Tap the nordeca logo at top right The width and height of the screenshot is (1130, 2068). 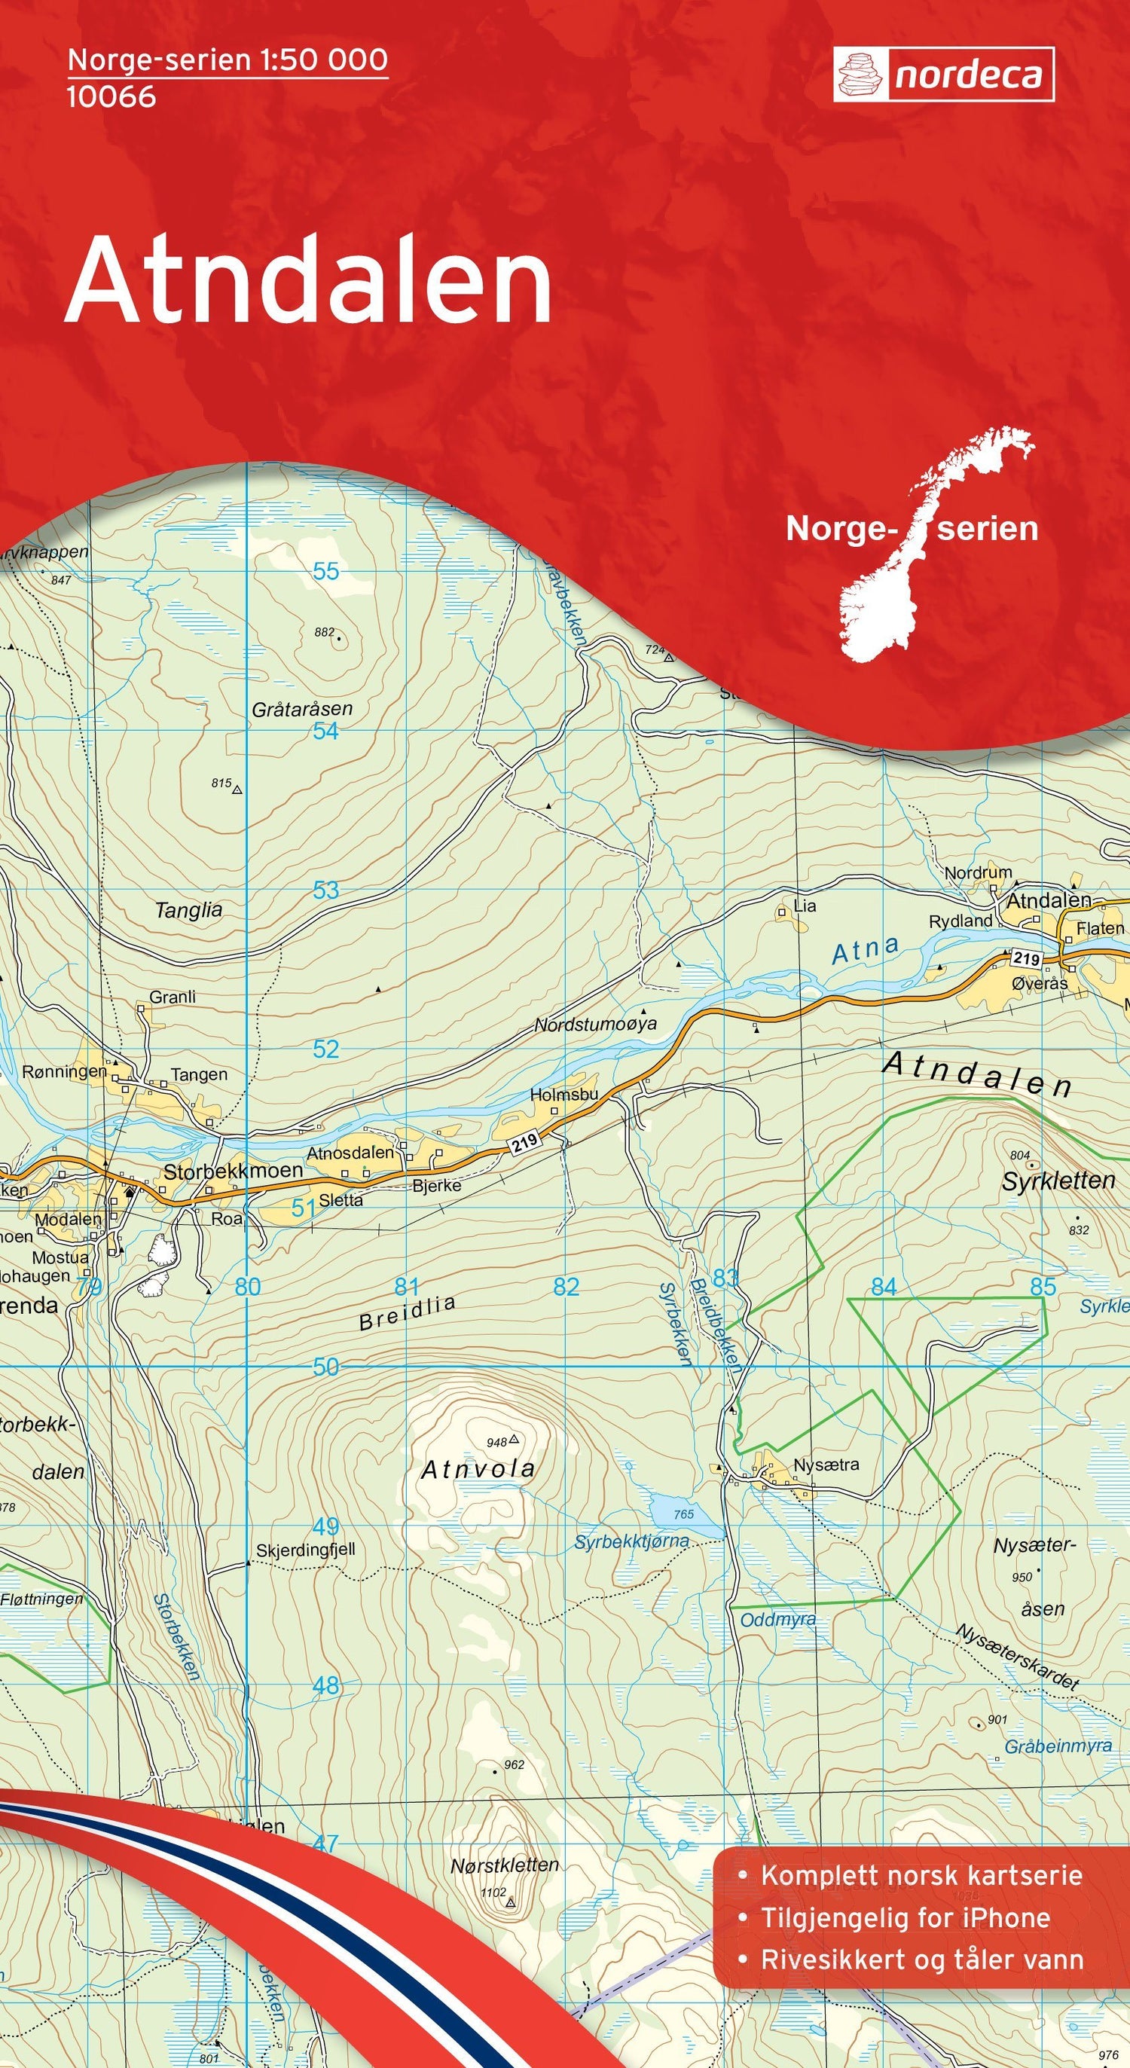[x=943, y=75]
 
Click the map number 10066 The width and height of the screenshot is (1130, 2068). [x=111, y=97]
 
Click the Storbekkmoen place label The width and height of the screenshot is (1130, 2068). [x=233, y=1171]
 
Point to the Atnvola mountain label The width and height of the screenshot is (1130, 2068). [x=478, y=1469]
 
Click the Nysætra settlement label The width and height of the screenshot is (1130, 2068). [x=826, y=1465]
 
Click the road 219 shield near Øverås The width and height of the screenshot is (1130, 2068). [x=1026, y=958]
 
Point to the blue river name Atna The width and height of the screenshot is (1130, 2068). [x=865, y=950]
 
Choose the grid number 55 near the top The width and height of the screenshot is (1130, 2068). [x=326, y=572]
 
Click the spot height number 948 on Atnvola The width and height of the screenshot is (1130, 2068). [x=496, y=1443]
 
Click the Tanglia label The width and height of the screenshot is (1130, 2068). [x=188, y=910]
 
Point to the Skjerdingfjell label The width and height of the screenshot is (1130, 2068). [x=305, y=1550]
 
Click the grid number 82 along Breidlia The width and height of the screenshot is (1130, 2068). [x=566, y=1286]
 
